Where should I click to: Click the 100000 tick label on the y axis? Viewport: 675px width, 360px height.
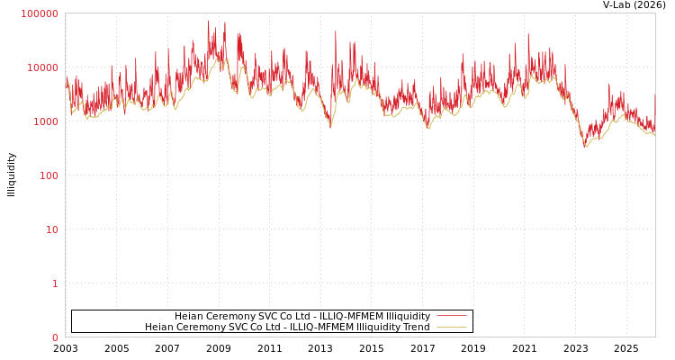[x=40, y=13]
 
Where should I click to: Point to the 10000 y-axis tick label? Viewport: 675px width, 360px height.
[x=42, y=67]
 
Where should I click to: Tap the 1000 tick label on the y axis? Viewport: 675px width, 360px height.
[x=45, y=121]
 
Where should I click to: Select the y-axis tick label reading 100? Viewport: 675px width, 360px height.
[x=48, y=175]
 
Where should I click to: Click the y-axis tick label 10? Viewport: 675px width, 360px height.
[x=51, y=229]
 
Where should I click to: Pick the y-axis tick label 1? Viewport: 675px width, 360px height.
[x=55, y=283]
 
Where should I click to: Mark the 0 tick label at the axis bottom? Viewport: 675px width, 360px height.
[x=55, y=337]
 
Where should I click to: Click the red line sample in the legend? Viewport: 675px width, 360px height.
[x=451, y=316]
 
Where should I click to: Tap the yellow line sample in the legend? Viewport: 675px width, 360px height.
[x=451, y=327]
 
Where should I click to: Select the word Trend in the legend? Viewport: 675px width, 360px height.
[x=415, y=328]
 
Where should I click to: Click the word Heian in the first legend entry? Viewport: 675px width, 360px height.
[x=189, y=317]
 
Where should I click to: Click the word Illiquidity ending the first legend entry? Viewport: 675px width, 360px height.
[x=408, y=317]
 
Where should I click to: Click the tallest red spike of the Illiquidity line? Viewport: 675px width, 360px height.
[x=208, y=22]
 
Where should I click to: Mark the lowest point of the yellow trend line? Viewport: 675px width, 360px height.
[x=585, y=147]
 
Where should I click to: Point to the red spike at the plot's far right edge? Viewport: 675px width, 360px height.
[x=654, y=94]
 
